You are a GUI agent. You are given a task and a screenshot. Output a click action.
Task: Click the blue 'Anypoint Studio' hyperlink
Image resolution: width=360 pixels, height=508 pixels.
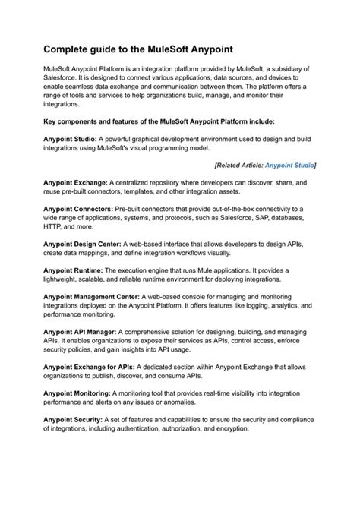pos(289,164)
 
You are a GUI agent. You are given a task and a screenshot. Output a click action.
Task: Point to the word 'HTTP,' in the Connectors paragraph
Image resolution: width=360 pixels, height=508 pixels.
pos(53,226)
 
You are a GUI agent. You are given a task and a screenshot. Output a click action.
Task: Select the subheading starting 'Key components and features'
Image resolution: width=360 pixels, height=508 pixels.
pos(164,120)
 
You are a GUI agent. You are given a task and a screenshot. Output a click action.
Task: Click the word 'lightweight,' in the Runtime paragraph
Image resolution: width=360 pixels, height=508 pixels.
pos(65,278)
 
